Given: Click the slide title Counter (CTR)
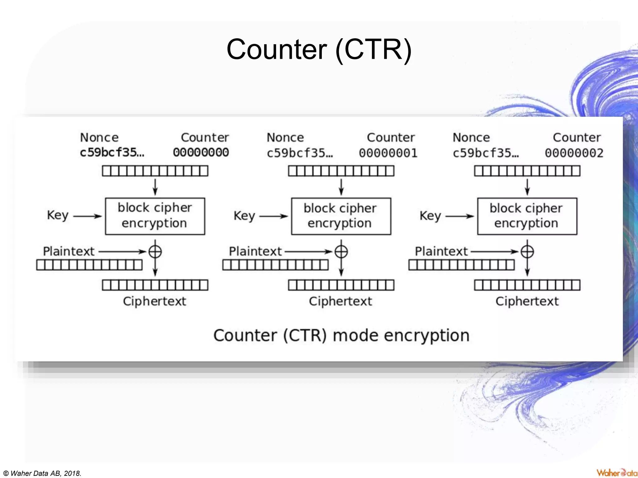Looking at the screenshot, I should pos(319,50).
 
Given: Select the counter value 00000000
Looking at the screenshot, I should pos(201,152).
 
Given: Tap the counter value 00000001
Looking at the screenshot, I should pos(388,153).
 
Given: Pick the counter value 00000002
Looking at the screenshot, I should pos(574,153).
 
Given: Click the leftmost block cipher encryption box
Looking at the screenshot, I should pos(155,216).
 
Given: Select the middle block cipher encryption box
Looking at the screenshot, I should pos(341,216).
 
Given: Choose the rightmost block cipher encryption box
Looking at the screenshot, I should pos(527,216).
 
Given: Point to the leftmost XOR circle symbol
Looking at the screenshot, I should pos(155,251).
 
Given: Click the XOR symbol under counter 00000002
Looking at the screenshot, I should pos(527,251).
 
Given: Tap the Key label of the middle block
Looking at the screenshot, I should pos(244,216).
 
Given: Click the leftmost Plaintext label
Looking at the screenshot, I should pos(69,251).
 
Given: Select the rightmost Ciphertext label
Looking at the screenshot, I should pos(527,301).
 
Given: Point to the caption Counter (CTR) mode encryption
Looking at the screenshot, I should pos(341,335).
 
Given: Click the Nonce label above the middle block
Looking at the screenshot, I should pos(285,138).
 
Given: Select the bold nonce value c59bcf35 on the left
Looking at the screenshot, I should pos(112,152).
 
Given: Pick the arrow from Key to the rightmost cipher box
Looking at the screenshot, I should pos(459,216).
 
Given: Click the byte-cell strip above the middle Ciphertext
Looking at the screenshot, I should pos(341,285).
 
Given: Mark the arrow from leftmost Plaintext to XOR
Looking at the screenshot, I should pos(122,251).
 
